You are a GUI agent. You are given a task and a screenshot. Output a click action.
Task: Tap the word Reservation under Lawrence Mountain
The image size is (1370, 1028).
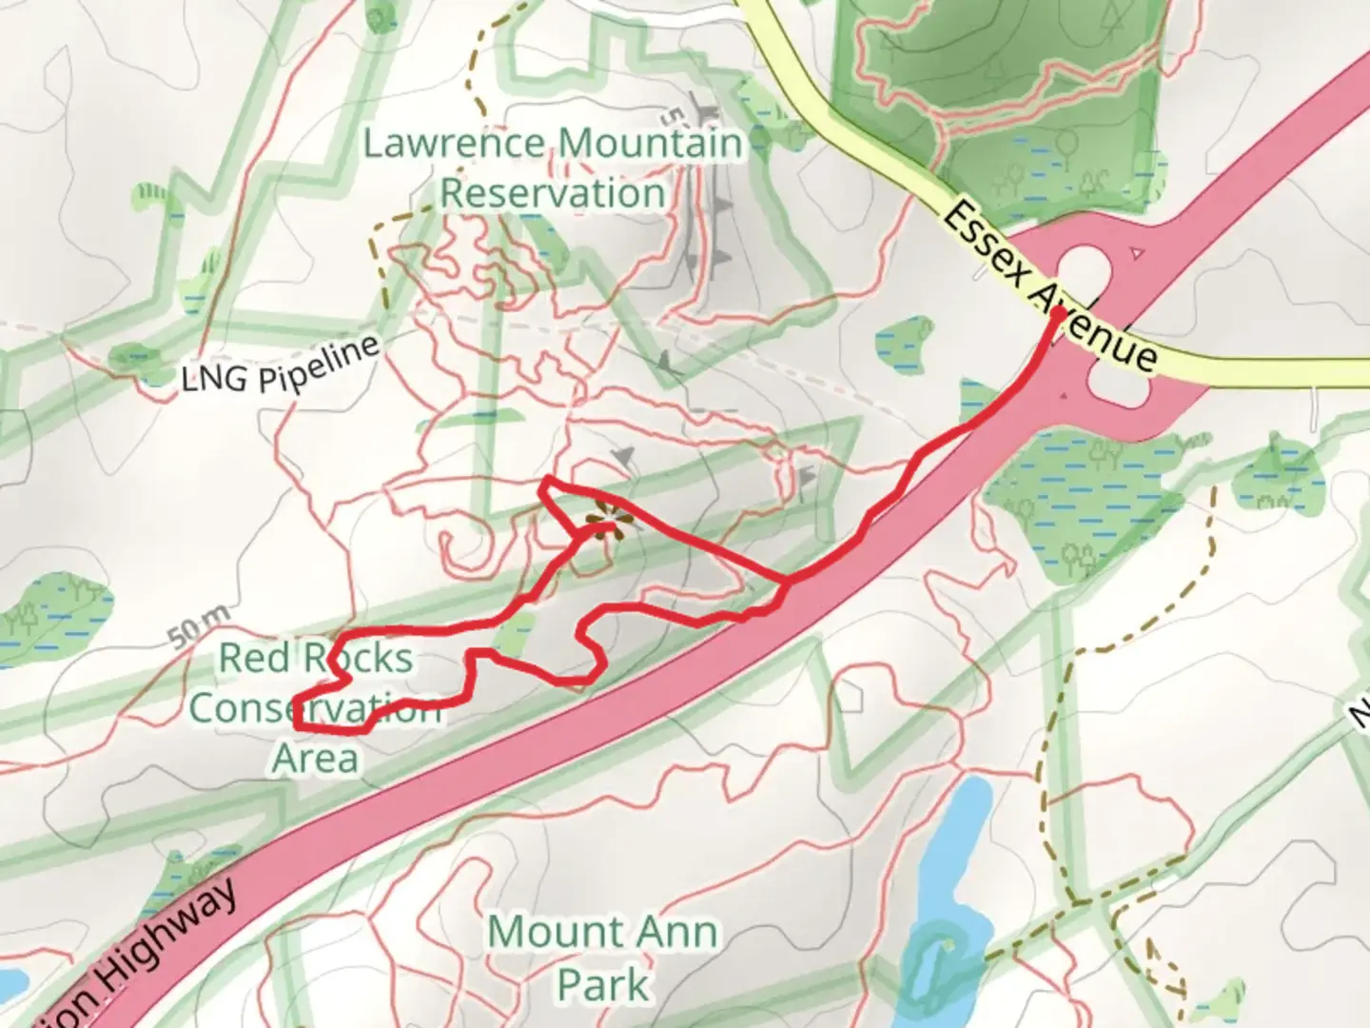point(552,193)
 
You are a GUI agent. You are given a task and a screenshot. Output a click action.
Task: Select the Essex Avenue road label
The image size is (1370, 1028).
point(1049,287)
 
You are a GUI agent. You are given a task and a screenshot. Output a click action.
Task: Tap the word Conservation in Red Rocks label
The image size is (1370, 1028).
point(315,708)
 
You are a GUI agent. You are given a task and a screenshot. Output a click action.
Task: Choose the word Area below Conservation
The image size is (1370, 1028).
point(315,758)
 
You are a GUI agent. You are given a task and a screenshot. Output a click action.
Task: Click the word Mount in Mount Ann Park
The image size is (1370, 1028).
point(548,932)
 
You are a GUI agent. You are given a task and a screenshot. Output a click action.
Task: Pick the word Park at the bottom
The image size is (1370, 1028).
point(603,984)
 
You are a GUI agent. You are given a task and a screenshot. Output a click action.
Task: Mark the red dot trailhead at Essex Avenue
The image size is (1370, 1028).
point(1056,311)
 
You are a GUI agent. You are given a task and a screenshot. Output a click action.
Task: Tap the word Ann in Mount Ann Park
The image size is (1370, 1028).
point(674,932)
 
